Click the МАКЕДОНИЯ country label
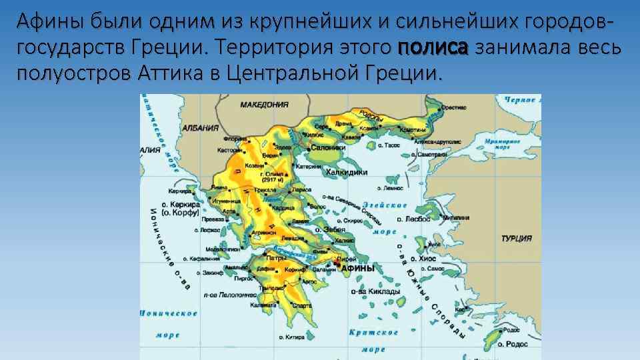[x=265, y=105]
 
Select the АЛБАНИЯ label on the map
[x=201, y=129]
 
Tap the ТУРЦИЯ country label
[x=516, y=238]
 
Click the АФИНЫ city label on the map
[x=358, y=268]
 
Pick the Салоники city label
[x=327, y=148]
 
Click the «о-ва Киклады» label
[x=379, y=291]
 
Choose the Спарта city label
[x=302, y=305]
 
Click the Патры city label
[x=277, y=256]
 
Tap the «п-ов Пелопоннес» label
[x=230, y=293]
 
